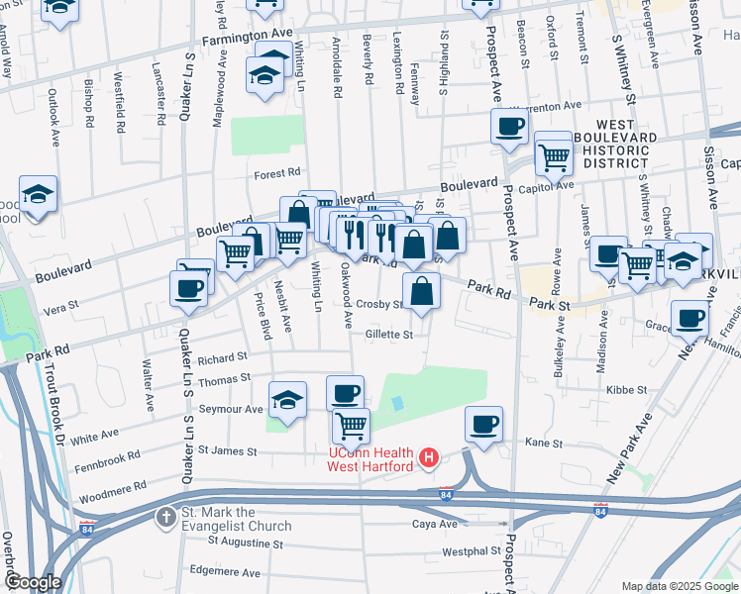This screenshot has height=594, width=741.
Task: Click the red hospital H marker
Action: [x=429, y=458]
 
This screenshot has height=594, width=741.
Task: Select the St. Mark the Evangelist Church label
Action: [x=236, y=519]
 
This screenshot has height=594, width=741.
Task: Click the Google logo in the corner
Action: [x=33, y=583]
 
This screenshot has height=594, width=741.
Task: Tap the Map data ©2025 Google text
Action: [x=680, y=586]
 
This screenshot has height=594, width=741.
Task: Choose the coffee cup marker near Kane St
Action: [x=483, y=425]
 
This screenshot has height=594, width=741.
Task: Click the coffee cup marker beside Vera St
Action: [x=188, y=288]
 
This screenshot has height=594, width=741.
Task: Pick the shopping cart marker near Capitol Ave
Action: [x=553, y=153]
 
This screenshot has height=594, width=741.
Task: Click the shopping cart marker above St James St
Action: [x=351, y=427]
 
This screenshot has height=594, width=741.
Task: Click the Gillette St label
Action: [x=388, y=335]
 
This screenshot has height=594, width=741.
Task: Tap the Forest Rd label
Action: [x=276, y=172]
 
